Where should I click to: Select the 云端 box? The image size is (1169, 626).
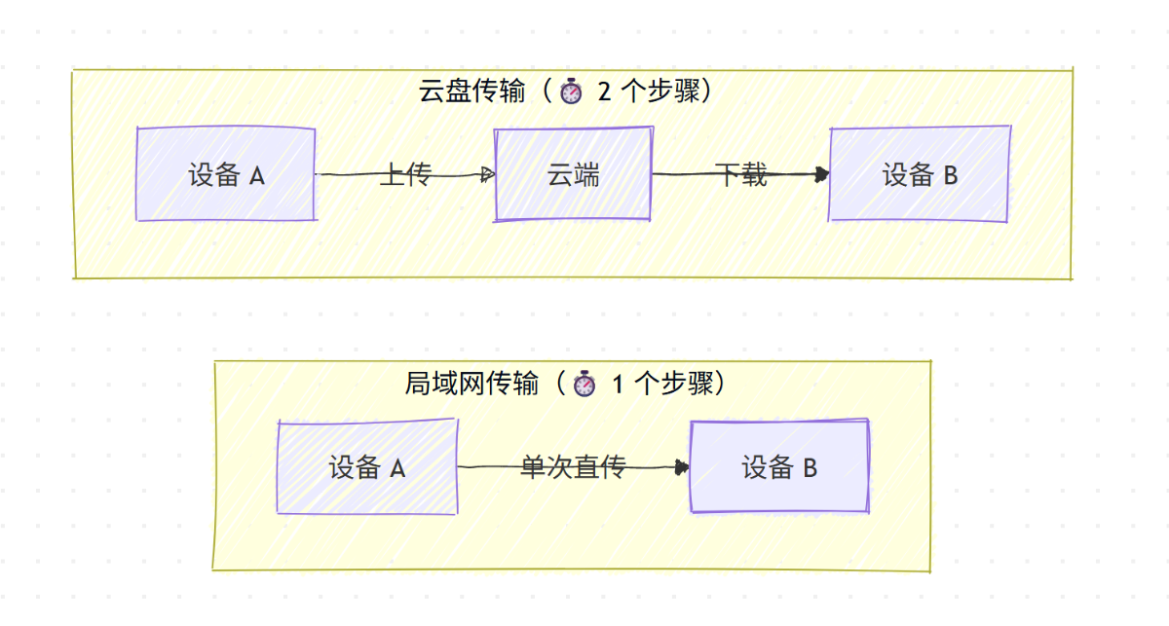[x=573, y=175]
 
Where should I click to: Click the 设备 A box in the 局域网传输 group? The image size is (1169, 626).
[x=366, y=468]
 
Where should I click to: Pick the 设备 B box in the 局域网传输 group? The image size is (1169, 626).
[x=778, y=468]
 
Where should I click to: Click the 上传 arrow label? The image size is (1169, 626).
[x=404, y=175]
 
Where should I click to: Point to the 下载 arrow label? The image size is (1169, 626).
[x=740, y=175]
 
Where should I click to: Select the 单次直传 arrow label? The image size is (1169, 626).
[x=573, y=468]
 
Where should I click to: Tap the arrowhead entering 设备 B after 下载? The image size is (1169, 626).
[x=822, y=175]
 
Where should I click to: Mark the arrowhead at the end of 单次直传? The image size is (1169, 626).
[x=682, y=468]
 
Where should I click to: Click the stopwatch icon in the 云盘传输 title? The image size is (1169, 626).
[x=571, y=92]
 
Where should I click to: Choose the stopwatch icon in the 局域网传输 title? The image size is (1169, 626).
[x=584, y=385]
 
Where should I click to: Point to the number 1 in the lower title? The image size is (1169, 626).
[x=618, y=385]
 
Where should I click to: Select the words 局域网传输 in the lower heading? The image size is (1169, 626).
[x=471, y=385]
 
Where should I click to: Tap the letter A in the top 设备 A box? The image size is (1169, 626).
[x=257, y=176]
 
